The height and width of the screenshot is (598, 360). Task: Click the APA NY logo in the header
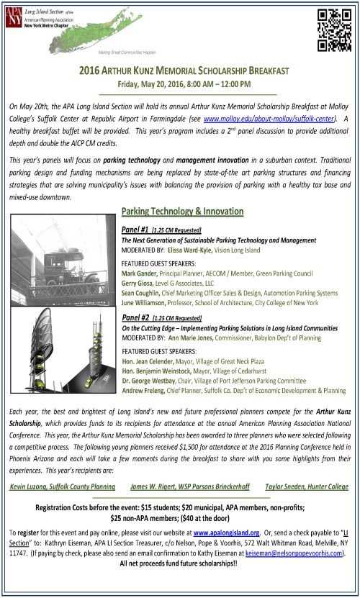[x=15, y=15]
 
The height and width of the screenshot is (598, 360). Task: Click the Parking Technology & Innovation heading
[x=182, y=212]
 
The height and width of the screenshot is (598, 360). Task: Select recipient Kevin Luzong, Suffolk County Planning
[x=65, y=467]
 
